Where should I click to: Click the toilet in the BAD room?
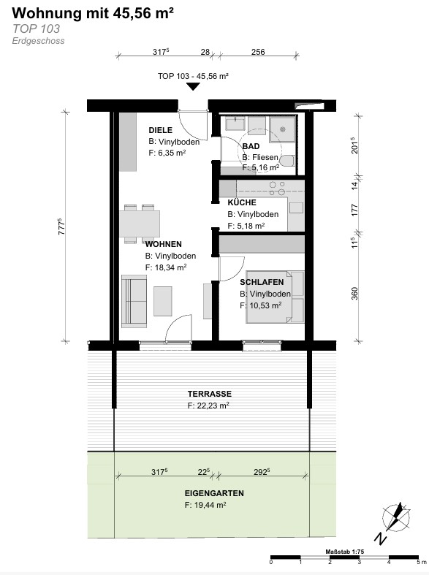(287, 161)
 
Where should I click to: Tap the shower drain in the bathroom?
(283, 129)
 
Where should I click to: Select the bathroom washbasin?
(235, 123)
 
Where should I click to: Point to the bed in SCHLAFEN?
(275, 297)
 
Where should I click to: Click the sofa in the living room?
(134, 301)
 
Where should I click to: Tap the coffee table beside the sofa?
(163, 301)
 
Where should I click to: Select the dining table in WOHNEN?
(140, 224)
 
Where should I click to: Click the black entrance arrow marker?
(193, 86)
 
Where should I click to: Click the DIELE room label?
(160, 130)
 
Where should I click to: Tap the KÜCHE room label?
(242, 202)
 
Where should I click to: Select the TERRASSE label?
(210, 394)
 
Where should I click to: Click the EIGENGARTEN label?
(214, 493)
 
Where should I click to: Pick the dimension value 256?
(258, 52)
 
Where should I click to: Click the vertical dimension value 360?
(354, 294)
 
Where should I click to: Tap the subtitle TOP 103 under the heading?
(36, 28)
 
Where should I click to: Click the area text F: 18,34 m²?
(166, 267)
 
